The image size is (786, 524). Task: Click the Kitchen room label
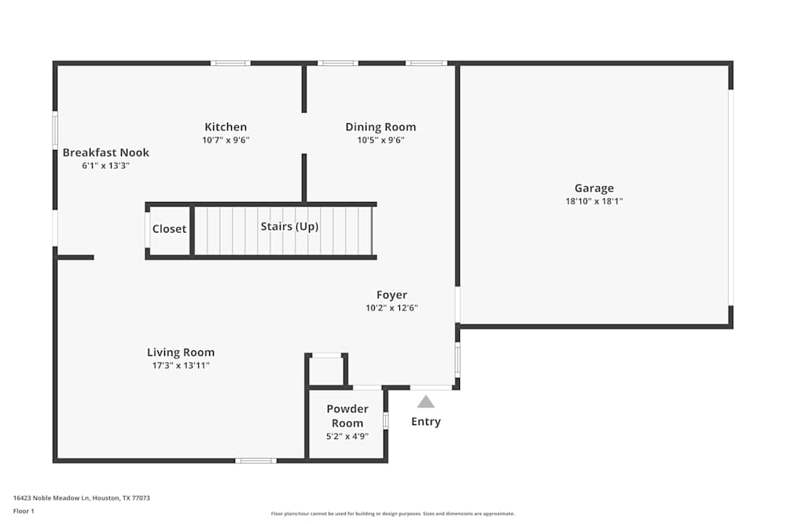pos(226,127)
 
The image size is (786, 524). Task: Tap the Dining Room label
pos(380,127)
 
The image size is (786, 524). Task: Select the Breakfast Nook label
pos(106,152)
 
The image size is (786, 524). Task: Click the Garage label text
pos(593,189)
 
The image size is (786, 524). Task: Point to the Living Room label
pos(181,353)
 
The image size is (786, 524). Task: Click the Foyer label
pos(391,295)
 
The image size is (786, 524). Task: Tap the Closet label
pos(170,229)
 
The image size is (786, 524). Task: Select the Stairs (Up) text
pos(289,226)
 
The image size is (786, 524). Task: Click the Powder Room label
pos(347,416)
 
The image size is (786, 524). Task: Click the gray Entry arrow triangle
pos(426,401)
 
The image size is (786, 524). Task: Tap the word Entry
pos(426,422)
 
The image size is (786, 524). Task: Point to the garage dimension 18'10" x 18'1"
pos(593,201)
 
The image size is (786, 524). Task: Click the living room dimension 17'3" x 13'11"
pos(181,365)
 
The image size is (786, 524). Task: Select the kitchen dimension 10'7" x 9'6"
pos(226,140)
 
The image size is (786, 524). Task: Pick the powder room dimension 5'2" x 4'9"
pos(347,437)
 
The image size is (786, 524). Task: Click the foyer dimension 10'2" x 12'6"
pos(391,308)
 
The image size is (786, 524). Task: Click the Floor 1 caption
pos(24,511)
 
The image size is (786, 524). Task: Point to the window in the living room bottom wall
pos(255,460)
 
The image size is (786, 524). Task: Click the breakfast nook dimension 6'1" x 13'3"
pos(105,166)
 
